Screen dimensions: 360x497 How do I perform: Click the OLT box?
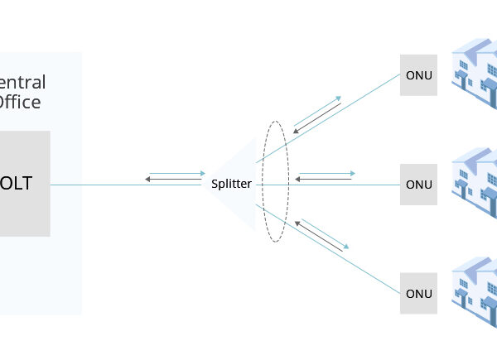(25, 183)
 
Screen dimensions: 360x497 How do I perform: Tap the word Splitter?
(231, 184)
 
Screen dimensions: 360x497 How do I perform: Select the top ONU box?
(418, 75)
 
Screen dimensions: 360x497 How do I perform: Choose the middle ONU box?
(418, 184)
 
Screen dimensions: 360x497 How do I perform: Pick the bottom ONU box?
(418, 293)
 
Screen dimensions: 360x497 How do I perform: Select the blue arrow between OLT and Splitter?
(176, 173)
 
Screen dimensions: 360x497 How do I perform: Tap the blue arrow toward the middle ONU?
(326, 173)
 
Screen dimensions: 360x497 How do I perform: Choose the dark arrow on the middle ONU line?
(324, 178)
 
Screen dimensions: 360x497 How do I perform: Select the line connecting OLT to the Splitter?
(124, 185)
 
